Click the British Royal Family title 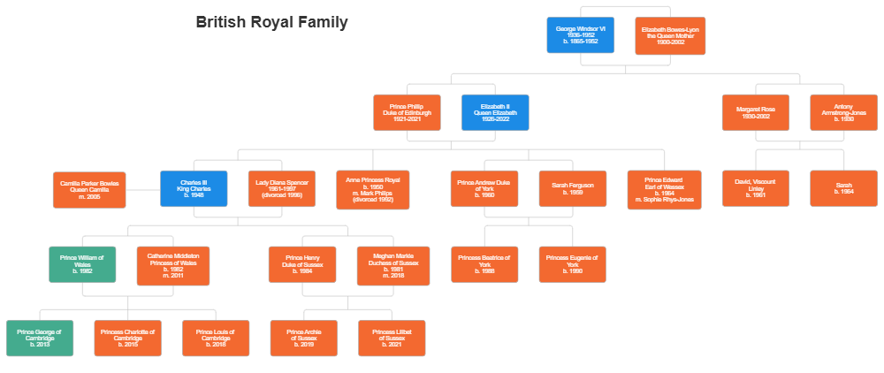pyautogui.click(x=271, y=22)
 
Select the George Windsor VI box pyautogui.click(x=580, y=35)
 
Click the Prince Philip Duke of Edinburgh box pyautogui.click(x=408, y=112)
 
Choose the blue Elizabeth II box pyautogui.click(x=495, y=112)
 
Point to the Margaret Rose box pyautogui.click(x=756, y=112)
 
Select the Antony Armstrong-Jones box pyautogui.click(x=844, y=112)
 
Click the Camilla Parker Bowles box pyautogui.click(x=88, y=189)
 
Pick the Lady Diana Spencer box pyautogui.click(x=282, y=189)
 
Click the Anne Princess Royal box pyautogui.click(x=372, y=189)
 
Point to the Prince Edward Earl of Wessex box pyautogui.click(x=664, y=189)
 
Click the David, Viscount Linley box pyautogui.click(x=756, y=189)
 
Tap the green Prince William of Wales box pyautogui.click(x=81, y=265)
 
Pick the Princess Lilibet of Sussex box pyautogui.click(x=392, y=339)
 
